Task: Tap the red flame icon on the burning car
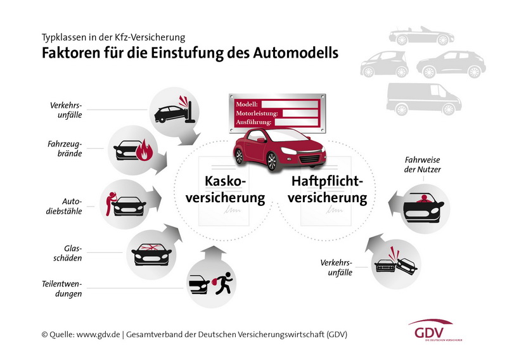144,150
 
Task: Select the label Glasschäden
68,254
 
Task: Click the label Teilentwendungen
61,289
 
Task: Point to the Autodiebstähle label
64,207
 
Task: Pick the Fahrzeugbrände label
65,148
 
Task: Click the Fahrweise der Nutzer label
422,165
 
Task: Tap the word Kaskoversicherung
226,190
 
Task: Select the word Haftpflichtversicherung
328,190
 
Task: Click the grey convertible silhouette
421,36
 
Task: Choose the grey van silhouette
424,99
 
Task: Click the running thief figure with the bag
222,283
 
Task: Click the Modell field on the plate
290,104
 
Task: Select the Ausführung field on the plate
297,122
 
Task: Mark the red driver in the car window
423,199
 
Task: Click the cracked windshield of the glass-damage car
151,247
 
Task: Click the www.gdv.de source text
98,335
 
